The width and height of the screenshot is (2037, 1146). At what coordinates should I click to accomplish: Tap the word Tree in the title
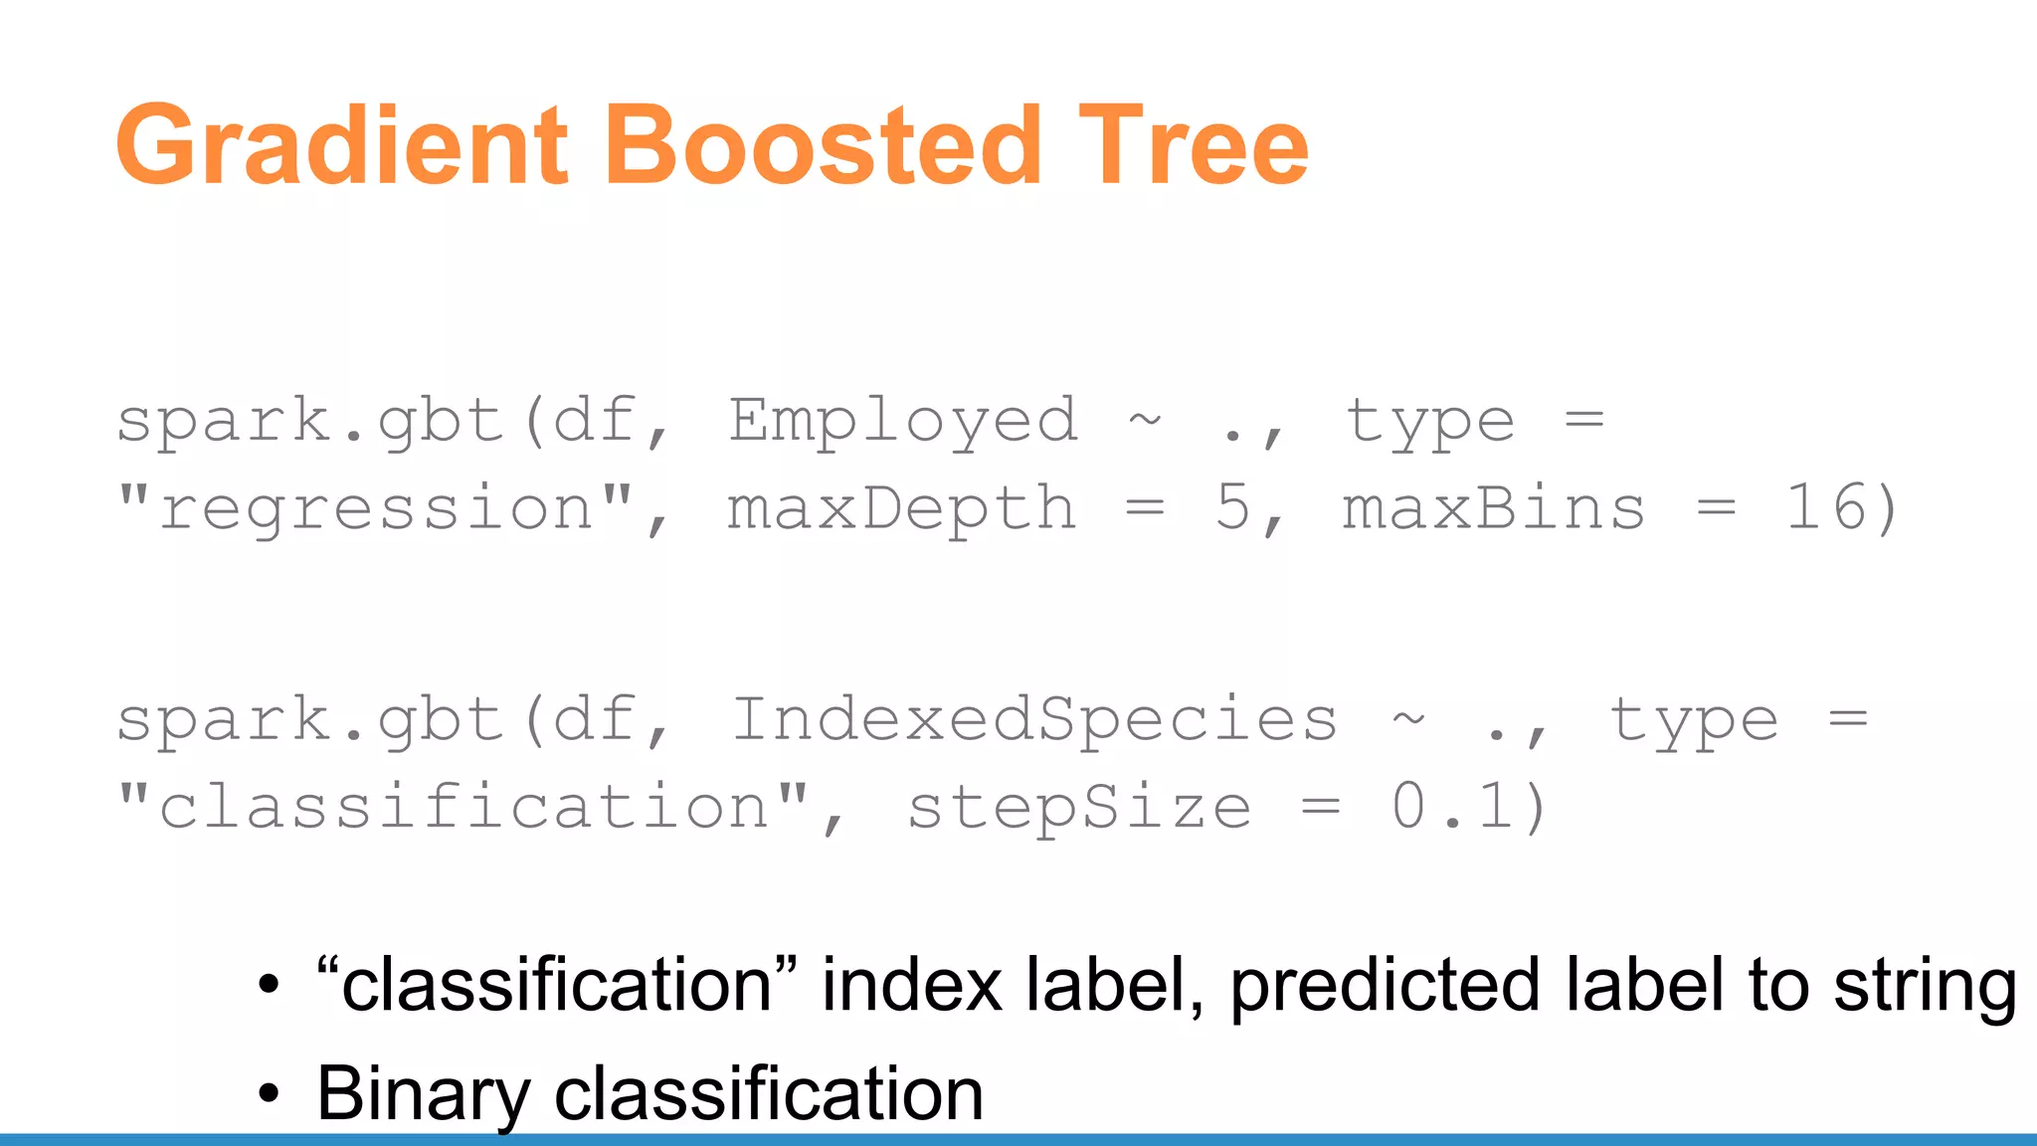[1194, 146]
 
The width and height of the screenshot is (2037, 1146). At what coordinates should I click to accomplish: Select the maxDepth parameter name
[901, 508]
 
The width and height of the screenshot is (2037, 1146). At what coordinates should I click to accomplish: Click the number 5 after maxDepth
[1233, 508]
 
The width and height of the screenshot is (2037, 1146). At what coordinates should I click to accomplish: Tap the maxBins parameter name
[1494, 508]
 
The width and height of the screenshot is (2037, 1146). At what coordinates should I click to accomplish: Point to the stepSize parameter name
[1079, 807]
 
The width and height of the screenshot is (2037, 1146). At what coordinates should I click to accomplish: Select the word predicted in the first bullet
[1386, 986]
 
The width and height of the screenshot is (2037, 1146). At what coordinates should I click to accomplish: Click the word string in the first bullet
[1926, 986]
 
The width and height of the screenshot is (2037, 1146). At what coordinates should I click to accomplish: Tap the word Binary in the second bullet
[423, 1093]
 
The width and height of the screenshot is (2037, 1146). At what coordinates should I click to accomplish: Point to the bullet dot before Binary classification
[269, 1093]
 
